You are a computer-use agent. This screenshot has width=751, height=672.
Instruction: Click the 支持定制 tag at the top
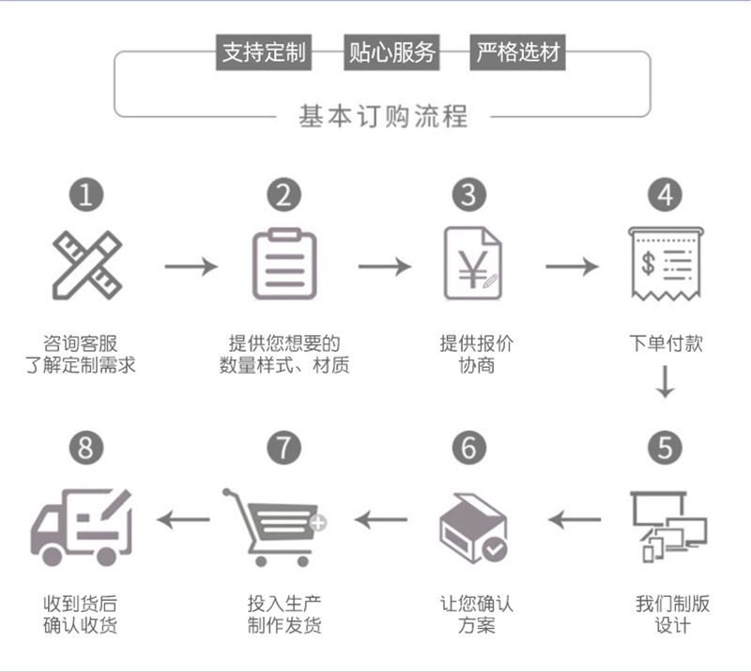click(264, 53)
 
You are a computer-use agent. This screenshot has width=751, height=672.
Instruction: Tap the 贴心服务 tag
click(392, 53)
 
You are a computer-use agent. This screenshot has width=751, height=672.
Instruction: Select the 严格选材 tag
click(518, 53)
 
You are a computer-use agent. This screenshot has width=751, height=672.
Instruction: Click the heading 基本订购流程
click(383, 117)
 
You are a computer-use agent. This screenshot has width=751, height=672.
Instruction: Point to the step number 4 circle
click(665, 195)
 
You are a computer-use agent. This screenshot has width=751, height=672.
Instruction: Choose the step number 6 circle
click(469, 448)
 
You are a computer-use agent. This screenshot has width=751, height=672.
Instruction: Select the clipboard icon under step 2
click(284, 265)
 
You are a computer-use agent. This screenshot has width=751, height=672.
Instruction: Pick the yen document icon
click(471, 265)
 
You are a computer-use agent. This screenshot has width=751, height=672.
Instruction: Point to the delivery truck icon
click(82, 527)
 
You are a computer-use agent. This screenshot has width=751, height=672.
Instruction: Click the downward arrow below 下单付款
click(665, 382)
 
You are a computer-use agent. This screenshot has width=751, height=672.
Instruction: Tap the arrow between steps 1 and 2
click(191, 267)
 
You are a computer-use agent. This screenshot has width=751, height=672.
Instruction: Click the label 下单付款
click(665, 344)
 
